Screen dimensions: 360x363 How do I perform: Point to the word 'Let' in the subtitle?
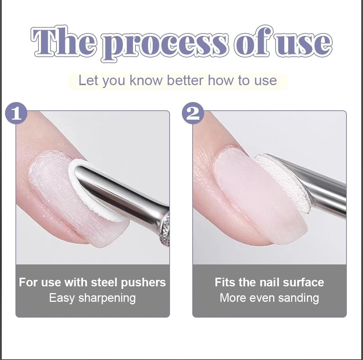click(88, 80)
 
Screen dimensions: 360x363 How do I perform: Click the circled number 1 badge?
click(16, 113)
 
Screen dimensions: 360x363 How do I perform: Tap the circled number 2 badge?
click(193, 113)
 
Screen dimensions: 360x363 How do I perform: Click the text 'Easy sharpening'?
click(92, 298)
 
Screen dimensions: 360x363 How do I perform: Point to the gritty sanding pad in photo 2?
click(284, 180)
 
